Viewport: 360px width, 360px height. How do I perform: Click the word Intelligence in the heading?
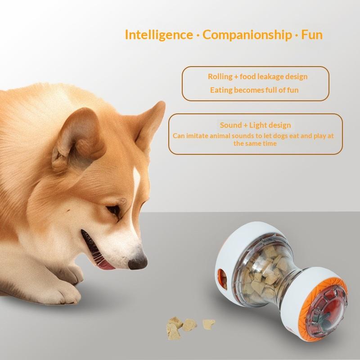click(x=159, y=35)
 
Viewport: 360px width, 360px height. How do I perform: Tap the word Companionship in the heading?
click(x=247, y=35)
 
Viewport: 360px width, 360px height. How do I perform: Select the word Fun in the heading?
click(x=312, y=35)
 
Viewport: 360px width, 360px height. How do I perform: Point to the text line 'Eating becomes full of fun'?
click(x=254, y=90)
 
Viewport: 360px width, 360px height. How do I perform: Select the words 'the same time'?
click(x=255, y=144)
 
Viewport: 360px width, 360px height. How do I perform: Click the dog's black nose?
click(x=138, y=262)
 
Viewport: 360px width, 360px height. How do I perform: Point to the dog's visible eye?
click(x=114, y=210)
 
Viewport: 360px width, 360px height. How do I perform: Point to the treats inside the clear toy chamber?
click(x=265, y=273)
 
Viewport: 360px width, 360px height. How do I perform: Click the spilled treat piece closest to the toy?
click(x=209, y=324)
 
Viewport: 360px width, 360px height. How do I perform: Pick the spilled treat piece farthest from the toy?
click(x=174, y=328)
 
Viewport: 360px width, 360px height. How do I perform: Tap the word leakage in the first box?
click(x=271, y=76)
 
